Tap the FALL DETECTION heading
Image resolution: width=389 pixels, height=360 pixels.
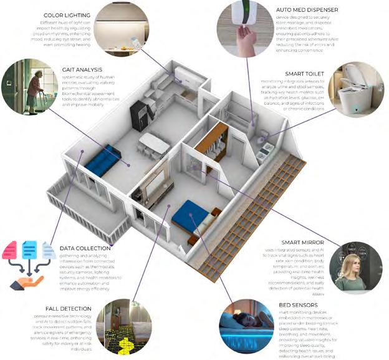pyautogui.click(x=69, y=308)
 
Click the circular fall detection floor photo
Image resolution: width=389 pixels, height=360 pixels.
pyautogui.click(x=123, y=327)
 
